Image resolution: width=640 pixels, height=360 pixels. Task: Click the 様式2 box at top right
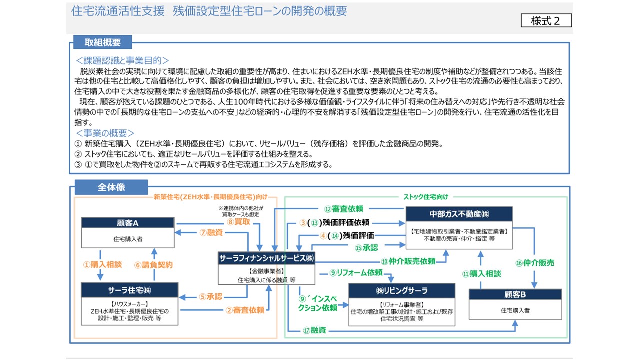pyautogui.click(x=546, y=20)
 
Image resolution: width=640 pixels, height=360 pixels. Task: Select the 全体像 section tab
pyautogui.click(x=111, y=187)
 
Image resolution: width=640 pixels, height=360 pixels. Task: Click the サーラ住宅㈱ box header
pyautogui.click(x=129, y=290)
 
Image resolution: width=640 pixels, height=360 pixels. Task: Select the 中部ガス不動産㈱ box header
pyautogui.click(x=459, y=214)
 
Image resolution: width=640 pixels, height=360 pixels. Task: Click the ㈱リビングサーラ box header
pyautogui.click(x=401, y=291)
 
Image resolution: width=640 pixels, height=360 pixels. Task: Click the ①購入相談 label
pyautogui.click(x=102, y=264)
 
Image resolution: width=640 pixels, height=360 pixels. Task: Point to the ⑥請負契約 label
pyautogui.click(x=153, y=265)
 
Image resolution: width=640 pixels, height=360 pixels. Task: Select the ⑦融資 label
pyautogui.click(x=211, y=232)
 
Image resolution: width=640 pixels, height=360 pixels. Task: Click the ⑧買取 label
pyautogui.click(x=238, y=221)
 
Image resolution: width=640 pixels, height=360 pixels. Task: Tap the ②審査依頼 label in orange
pyautogui.click(x=245, y=310)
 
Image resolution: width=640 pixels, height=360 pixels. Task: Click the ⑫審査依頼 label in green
pyautogui.click(x=343, y=209)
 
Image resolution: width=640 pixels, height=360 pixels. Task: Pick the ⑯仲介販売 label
pyautogui.click(x=535, y=263)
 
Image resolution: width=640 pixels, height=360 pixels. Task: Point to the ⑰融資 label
pyautogui.click(x=315, y=330)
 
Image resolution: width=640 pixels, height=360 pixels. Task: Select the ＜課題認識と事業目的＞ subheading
pyautogui.click(x=122, y=60)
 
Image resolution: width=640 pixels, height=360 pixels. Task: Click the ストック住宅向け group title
pyautogui.click(x=426, y=197)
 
